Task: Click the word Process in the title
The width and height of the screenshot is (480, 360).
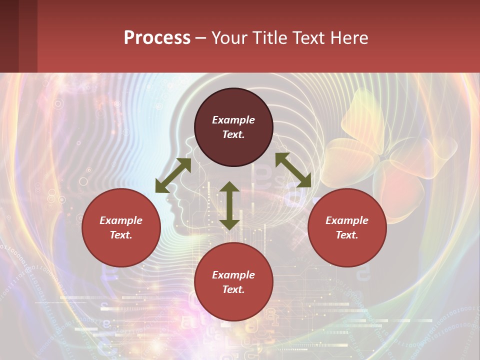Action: click(x=157, y=38)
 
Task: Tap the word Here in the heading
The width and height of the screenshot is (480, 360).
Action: click(x=348, y=38)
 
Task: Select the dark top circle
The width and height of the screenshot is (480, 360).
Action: click(x=233, y=127)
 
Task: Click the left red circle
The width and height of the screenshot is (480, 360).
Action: click(x=121, y=227)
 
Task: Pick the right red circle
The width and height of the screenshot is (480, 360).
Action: click(x=347, y=227)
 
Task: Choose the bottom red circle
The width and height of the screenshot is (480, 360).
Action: click(x=233, y=282)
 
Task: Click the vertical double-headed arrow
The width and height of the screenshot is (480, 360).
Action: click(x=229, y=205)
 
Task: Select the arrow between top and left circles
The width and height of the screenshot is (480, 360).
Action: click(x=173, y=175)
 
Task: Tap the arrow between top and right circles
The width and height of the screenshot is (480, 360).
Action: click(x=293, y=170)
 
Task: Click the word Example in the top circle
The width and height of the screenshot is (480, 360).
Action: click(x=233, y=120)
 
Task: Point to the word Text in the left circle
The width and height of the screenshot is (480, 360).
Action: click(x=120, y=235)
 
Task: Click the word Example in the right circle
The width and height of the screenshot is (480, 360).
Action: click(x=347, y=220)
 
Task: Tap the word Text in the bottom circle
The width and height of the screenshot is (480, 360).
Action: click(x=233, y=289)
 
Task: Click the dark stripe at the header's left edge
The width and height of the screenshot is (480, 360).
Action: click(x=9, y=36)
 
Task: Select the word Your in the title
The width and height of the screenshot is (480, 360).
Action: click(x=228, y=38)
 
